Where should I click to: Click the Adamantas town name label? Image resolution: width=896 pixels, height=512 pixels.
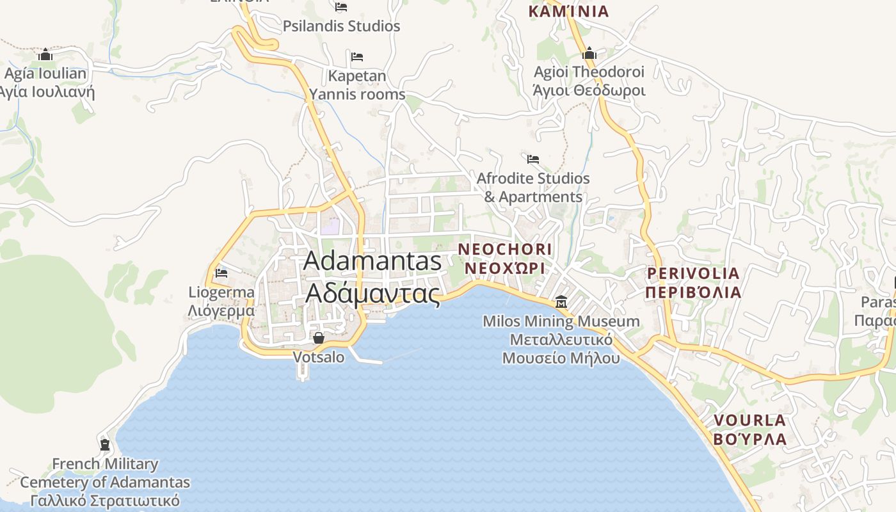click(372, 276)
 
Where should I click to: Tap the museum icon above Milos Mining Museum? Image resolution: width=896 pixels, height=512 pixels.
click(561, 301)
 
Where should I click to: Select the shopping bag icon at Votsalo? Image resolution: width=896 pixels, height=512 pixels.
click(318, 337)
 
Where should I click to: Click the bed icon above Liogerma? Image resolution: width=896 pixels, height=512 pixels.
click(221, 273)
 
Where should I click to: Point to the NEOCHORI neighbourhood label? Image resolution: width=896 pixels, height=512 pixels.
click(505, 258)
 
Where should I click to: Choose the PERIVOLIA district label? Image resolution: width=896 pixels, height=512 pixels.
click(693, 283)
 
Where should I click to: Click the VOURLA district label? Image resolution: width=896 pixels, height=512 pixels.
click(749, 429)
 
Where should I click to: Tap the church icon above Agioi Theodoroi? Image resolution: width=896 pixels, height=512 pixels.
click(589, 52)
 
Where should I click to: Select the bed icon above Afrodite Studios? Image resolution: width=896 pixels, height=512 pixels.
click(533, 159)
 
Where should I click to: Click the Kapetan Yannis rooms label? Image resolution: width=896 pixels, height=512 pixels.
click(357, 85)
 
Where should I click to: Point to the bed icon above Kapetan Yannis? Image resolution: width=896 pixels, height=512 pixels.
click(357, 57)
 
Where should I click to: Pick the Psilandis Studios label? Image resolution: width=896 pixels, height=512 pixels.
click(342, 26)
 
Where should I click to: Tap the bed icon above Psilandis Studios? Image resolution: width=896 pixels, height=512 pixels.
click(341, 7)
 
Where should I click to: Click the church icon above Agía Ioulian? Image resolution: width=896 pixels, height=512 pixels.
click(45, 54)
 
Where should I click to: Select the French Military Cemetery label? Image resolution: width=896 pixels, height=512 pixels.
click(105, 482)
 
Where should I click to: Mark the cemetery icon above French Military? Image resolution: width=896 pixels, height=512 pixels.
click(105, 444)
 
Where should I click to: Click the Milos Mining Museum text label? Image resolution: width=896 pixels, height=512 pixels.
click(561, 339)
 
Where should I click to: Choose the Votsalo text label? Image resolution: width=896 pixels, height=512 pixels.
click(318, 357)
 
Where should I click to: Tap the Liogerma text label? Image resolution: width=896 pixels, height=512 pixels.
click(221, 301)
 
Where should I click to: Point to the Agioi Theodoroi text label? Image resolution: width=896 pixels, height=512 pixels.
click(589, 81)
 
